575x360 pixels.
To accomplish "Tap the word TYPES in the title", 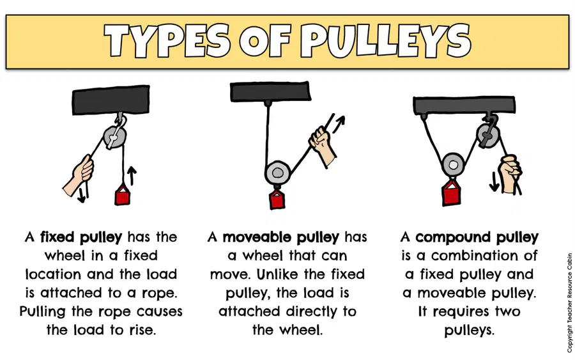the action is [x=167, y=41].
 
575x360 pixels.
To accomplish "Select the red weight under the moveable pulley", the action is [x=277, y=199].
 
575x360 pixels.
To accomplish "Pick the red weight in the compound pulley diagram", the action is [x=452, y=191].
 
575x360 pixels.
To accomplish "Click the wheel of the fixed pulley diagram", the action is [x=115, y=137].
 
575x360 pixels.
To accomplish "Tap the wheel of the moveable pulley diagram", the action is [x=278, y=173].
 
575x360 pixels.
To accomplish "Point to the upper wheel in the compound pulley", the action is [x=487, y=136].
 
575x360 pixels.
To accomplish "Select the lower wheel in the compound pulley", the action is [x=453, y=165].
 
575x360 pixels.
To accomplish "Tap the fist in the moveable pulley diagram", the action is [x=321, y=145].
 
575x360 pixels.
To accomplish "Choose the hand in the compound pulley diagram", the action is [x=510, y=173].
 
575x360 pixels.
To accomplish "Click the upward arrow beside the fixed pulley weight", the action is [x=132, y=176].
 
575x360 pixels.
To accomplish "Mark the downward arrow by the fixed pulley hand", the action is [x=82, y=193].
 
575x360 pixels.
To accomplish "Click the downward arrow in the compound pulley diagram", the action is [x=494, y=182].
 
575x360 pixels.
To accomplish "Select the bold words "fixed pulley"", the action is [x=81, y=237].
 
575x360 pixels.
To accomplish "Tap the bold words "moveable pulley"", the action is [x=281, y=237].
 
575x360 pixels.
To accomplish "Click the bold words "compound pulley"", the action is [x=477, y=237].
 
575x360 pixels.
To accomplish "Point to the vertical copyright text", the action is [x=569, y=302].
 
